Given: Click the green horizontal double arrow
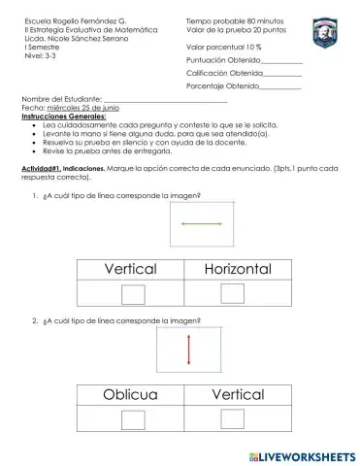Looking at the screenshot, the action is pos(203,224).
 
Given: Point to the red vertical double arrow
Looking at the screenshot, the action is pos(189,350).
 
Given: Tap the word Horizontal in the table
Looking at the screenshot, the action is pos(237,268).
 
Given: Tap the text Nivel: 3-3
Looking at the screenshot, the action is pos(40,56).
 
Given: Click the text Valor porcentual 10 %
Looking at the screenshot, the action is pos(224,47).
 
